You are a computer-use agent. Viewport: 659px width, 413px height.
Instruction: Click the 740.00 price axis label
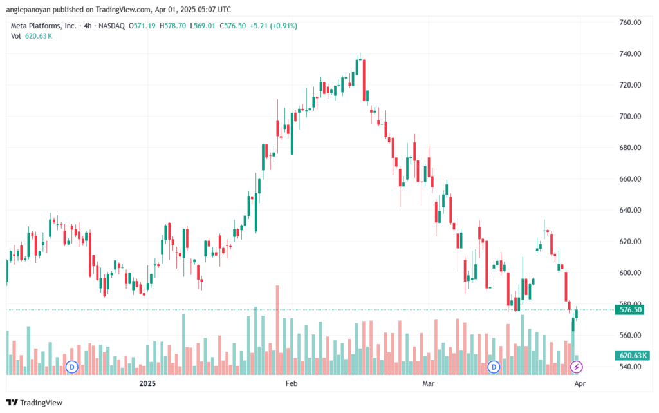tap(630, 54)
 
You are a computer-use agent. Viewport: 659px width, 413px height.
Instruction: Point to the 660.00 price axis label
tap(630, 178)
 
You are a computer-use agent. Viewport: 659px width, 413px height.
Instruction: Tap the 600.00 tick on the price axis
tap(630, 273)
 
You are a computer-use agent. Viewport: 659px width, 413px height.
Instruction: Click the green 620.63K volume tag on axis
tap(632, 356)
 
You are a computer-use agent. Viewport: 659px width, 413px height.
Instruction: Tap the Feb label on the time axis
tap(292, 383)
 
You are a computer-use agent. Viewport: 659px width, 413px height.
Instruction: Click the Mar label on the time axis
tap(428, 383)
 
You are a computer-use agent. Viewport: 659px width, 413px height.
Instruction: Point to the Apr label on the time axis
tap(580, 383)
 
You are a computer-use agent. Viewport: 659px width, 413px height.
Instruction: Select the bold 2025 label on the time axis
tap(147, 383)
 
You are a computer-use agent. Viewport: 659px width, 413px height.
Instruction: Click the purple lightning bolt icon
tap(576, 367)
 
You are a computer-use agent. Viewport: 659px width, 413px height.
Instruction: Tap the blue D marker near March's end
tap(494, 367)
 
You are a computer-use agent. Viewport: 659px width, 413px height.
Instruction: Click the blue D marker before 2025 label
tap(72, 367)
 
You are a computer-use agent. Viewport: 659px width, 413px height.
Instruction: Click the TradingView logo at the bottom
tap(35, 403)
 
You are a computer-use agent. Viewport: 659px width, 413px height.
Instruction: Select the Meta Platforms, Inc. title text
tap(44, 26)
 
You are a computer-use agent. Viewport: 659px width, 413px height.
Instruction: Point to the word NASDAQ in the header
tap(111, 26)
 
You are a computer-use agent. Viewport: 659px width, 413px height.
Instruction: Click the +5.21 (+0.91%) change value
tap(273, 26)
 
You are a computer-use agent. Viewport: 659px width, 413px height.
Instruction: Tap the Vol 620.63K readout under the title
tap(32, 36)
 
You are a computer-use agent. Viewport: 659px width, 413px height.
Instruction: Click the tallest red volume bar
tap(277, 330)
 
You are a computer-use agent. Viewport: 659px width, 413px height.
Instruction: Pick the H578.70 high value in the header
tap(172, 26)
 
